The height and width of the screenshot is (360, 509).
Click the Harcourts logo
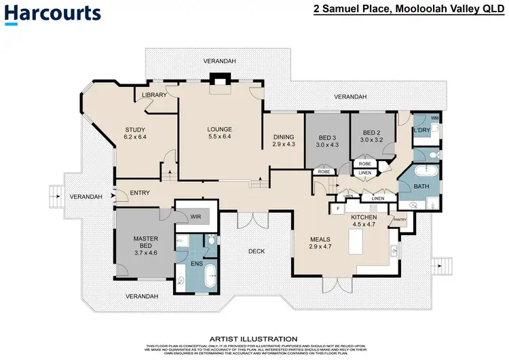click(x=53, y=14)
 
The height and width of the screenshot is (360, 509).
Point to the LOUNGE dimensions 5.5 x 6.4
click(x=221, y=137)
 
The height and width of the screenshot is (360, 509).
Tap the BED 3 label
click(x=326, y=137)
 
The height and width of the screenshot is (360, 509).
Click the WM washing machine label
click(x=434, y=118)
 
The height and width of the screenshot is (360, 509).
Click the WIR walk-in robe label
click(x=196, y=217)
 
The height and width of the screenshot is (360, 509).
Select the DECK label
click(x=257, y=251)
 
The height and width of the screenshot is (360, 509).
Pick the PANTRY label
click(x=399, y=219)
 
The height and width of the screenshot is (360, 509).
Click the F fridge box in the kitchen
click(x=338, y=210)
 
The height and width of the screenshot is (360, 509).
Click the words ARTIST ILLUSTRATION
click(x=254, y=338)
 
